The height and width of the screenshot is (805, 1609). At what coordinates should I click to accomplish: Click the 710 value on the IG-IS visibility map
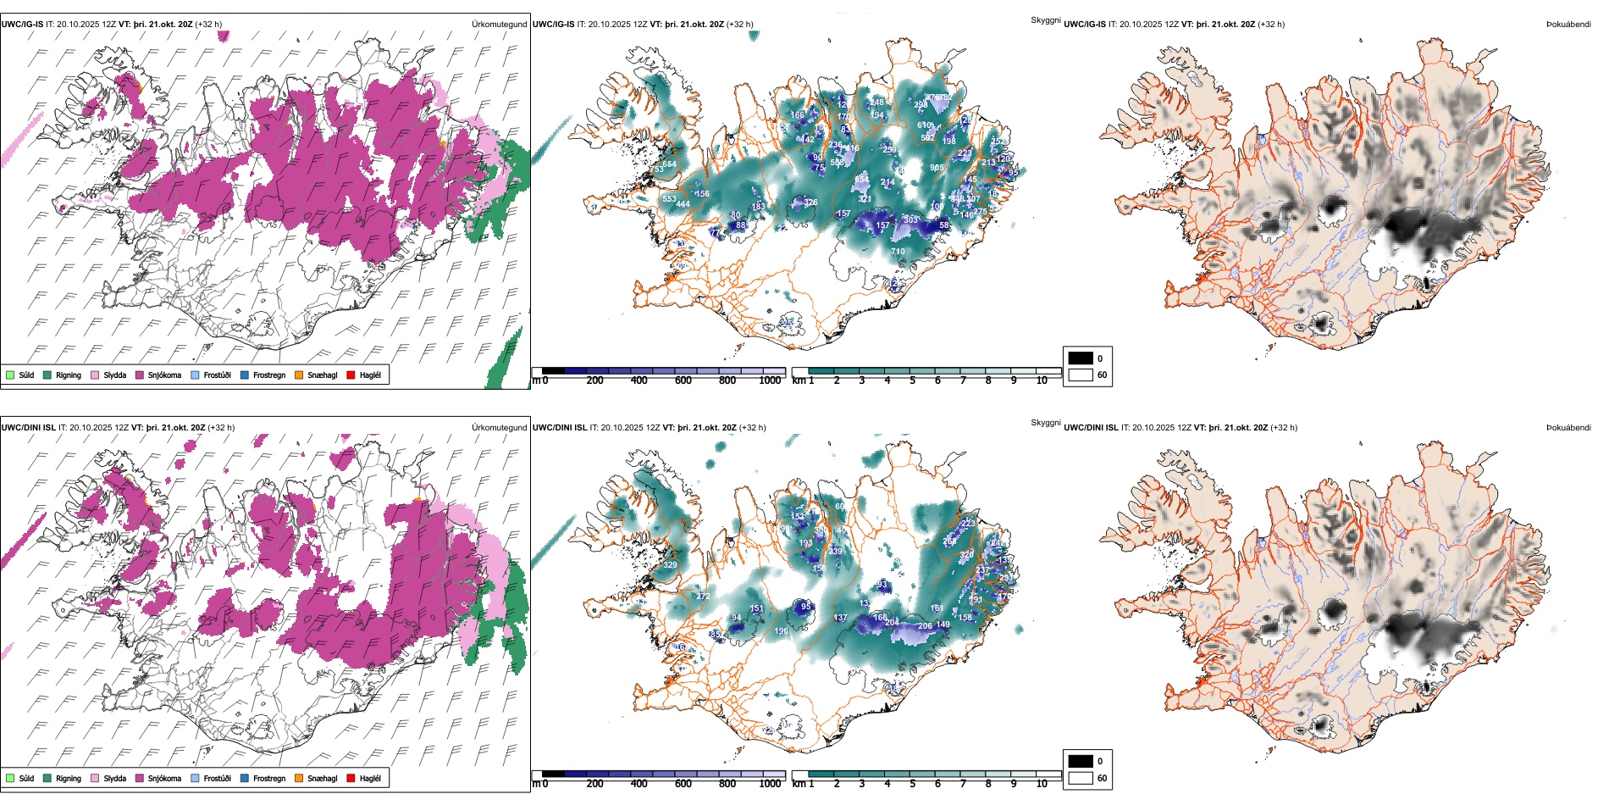click(x=898, y=251)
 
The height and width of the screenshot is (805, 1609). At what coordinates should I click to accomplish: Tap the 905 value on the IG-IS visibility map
click(x=937, y=168)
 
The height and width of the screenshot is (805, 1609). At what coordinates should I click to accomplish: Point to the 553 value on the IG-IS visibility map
click(x=669, y=199)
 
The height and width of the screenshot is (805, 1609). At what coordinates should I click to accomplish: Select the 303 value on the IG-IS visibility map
click(x=910, y=219)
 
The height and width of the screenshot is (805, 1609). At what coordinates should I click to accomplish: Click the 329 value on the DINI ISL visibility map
click(x=670, y=565)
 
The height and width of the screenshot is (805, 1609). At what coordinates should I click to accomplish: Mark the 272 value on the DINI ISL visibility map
click(x=703, y=597)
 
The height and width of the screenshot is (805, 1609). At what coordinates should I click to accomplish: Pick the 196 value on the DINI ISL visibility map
click(x=781, y=631)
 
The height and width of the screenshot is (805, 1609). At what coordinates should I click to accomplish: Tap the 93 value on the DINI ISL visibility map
click(x=882, y=585)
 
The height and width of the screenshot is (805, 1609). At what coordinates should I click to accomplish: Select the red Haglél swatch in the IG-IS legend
click(x=351, y=375)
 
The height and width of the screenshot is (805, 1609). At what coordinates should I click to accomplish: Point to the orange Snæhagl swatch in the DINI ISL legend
click(x=299, y=778)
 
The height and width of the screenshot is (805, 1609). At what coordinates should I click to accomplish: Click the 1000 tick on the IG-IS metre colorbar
click(x=770, y=380)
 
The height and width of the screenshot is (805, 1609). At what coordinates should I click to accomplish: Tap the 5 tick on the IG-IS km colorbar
click(x=912, y=380)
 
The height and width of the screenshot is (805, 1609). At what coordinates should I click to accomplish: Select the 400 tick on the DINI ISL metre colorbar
click(x=639, y=784)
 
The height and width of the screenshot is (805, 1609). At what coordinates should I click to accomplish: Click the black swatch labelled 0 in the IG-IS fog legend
click(x=1081, y=358)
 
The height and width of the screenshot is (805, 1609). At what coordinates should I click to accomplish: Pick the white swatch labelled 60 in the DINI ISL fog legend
click(x=1081, y=778)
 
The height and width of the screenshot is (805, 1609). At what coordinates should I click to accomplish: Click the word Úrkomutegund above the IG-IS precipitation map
click(x=499, y=25)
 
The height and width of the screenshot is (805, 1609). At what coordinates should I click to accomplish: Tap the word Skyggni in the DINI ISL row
click(x=1045, y=423)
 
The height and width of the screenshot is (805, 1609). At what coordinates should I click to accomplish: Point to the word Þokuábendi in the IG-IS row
click(x=1568, y=25)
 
